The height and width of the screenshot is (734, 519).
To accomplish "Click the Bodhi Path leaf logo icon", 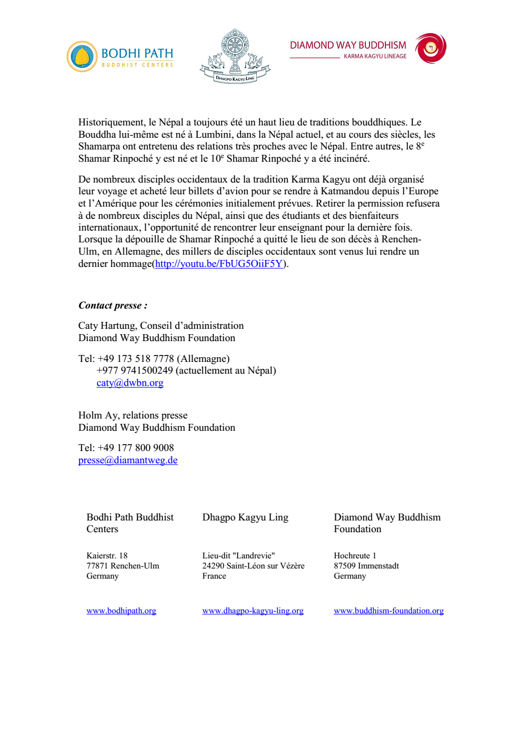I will (82, 57).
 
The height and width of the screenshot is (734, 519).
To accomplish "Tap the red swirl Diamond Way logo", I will (430, 48).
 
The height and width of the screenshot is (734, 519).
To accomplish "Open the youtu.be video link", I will (219, 264).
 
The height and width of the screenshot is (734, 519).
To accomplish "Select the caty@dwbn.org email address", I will (130, 383).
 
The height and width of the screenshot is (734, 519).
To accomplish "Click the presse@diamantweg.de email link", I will (128, 460).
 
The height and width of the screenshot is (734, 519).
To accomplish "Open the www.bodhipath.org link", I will (121, 611).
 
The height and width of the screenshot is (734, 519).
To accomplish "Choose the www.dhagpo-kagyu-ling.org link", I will (253, 611).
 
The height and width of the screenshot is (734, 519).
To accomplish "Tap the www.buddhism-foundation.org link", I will (389, 611).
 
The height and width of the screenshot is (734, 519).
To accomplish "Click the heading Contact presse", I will (113, 305).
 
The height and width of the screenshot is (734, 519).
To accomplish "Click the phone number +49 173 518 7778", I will (136, 359).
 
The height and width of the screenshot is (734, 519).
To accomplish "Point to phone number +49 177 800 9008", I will (136, 448).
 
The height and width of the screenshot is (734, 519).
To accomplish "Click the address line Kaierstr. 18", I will (107, 556).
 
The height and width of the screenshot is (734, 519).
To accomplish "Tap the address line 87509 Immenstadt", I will (366, 566).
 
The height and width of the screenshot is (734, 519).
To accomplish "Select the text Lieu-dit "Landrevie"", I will (238, 556).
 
